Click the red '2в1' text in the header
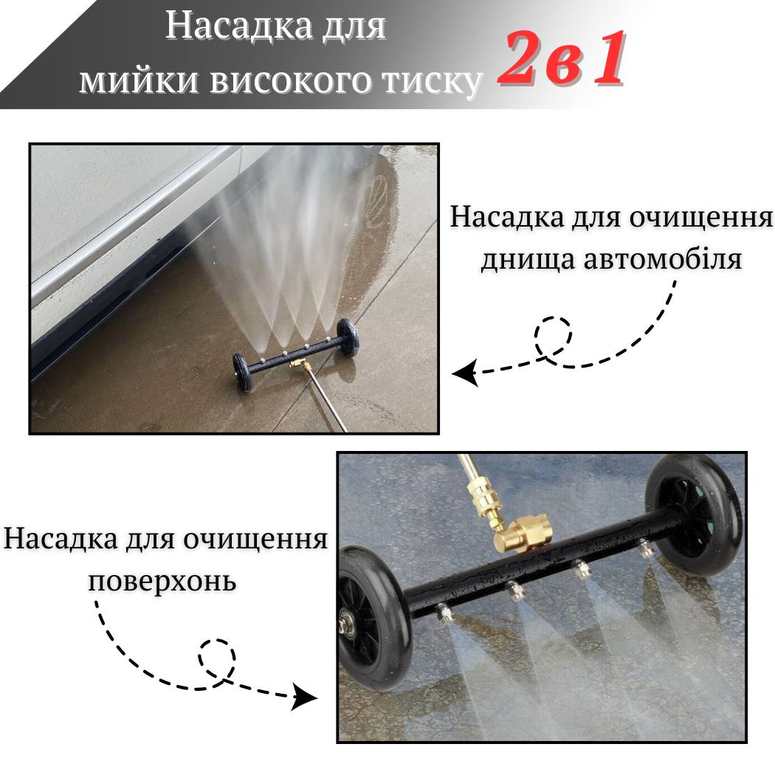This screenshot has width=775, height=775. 562,59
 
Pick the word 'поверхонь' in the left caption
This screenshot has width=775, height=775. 162,582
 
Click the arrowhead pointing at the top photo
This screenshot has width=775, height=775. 464,372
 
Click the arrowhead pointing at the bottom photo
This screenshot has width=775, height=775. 303,697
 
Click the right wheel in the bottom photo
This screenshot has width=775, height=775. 694,514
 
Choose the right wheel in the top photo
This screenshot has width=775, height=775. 346,337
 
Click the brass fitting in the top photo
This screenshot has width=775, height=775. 298,365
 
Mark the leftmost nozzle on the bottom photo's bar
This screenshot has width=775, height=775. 443,615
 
